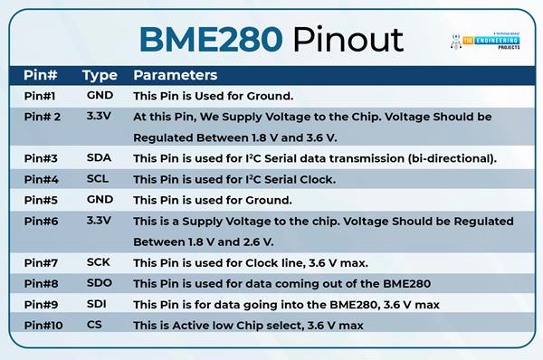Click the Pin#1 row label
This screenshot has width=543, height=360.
42,95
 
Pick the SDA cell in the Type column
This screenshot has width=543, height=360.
99,157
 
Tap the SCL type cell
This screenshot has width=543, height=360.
99,178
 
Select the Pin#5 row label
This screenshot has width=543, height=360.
42,200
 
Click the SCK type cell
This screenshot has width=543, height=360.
99,262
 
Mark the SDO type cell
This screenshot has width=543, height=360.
99,283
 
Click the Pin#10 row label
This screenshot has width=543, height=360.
44,325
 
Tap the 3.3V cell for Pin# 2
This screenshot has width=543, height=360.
99,117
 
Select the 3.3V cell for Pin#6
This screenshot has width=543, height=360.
99,221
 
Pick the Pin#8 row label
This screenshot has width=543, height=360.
42,283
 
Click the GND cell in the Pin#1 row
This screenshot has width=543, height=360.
99,95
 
